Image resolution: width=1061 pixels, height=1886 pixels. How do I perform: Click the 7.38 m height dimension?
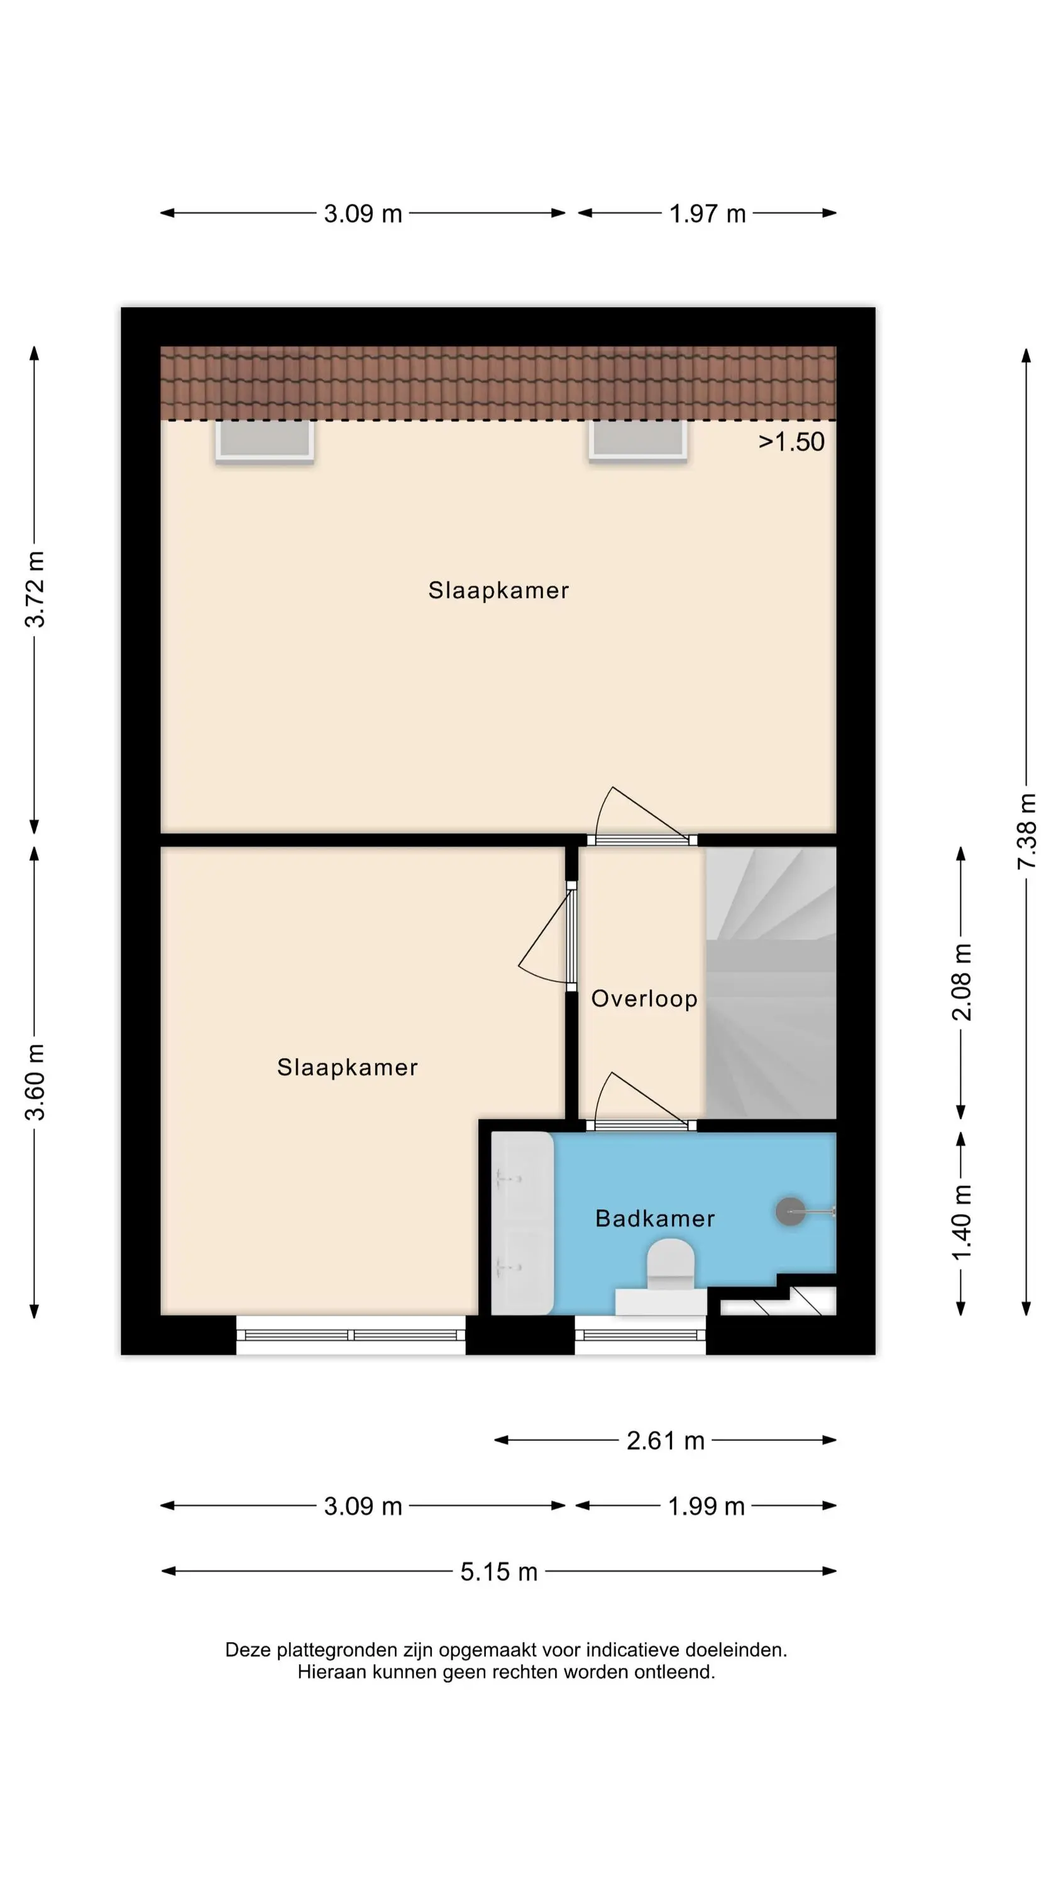[x=1026, y=831]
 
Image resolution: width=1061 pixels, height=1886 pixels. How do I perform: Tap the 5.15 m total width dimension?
[x=498, y=1571]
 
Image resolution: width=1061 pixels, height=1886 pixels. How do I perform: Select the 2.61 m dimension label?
[x=665, y=1440]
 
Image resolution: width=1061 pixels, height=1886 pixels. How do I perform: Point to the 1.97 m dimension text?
[x=707, y=214]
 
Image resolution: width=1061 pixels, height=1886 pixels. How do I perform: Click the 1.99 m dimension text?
[x=706, y=1506]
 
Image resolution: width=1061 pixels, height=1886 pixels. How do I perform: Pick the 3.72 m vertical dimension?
[x=35, y=590]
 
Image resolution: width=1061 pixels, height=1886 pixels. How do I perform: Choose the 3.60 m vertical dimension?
[x=35, y=1082]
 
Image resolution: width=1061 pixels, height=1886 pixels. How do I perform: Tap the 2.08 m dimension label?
[x=962, y=982]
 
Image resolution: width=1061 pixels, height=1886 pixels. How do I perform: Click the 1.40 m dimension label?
[x=962, y=1223]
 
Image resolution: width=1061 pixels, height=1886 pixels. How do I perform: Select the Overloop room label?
[x=644, y=999]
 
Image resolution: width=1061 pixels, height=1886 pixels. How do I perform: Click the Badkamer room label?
[x=654, y=1218]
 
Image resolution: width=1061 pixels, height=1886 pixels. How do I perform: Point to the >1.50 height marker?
[x=791, y=441]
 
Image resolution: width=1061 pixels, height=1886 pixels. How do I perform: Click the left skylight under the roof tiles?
[x=265, y=441]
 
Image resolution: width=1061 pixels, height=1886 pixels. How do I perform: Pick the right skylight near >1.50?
[x=638, y=441]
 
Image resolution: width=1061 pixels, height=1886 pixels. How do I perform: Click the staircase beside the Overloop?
[x=771, y=983]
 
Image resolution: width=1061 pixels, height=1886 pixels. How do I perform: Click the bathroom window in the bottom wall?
[x=640, y=1335]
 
